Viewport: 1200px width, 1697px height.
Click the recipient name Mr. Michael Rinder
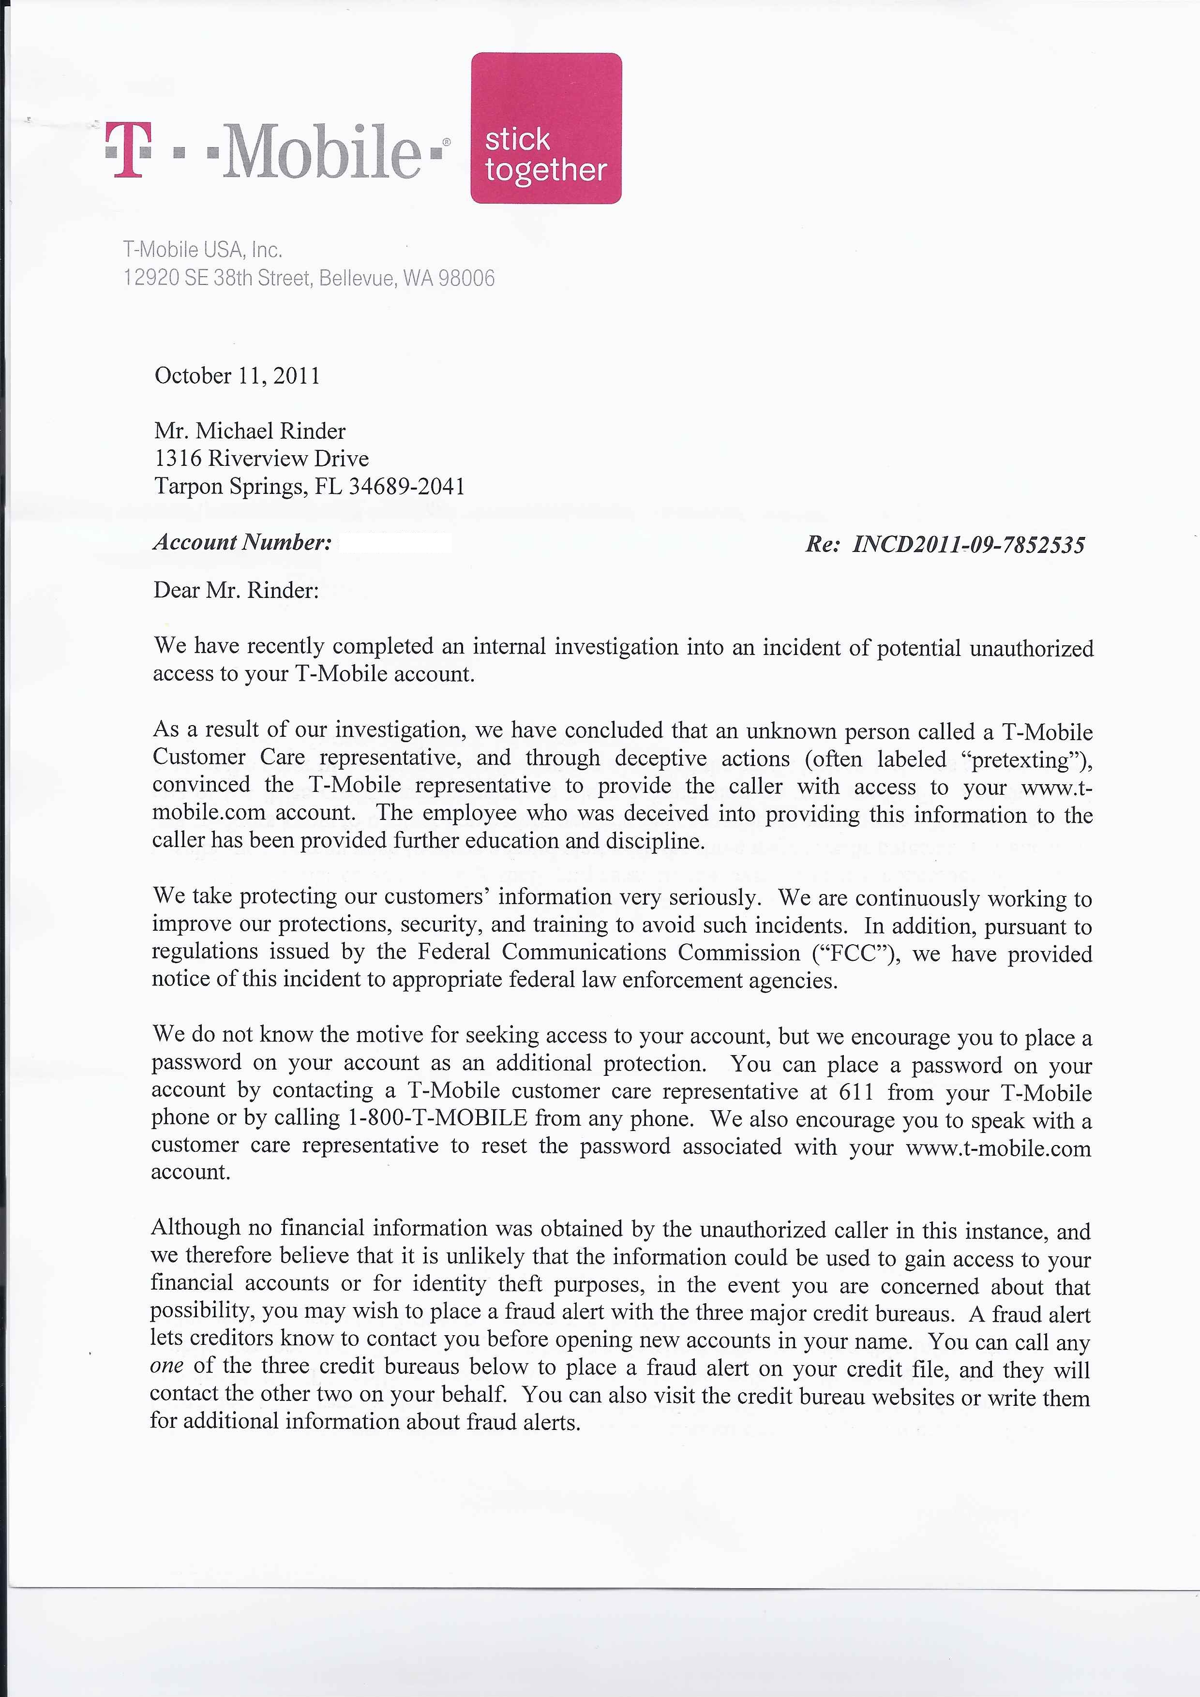coord(249,431)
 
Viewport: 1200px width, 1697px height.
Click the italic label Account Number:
coord(242,542)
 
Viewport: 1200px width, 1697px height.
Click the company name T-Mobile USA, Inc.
coord(203,250)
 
